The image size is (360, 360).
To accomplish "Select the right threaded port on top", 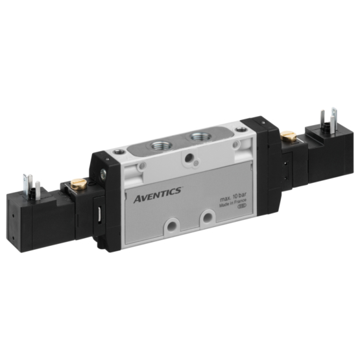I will [x=197, y=138].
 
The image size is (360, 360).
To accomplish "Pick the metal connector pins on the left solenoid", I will [x=30, y=180].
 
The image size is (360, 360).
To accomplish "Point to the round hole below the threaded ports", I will [x=188, y=158].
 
